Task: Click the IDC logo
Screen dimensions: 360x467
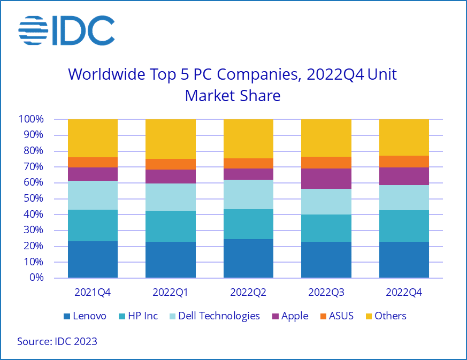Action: [66, 30]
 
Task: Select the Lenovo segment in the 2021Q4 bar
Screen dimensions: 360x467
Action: [93, 259]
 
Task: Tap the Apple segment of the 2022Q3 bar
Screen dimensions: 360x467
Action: [326, 179]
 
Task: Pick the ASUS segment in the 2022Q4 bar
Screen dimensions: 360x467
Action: [404, 162]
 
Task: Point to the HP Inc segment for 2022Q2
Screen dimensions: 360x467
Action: [248, 224]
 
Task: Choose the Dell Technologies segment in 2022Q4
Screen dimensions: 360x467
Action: [404, 198]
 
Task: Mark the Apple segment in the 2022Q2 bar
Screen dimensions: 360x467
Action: [248, 174]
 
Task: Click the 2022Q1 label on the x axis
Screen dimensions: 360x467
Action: [171, 293]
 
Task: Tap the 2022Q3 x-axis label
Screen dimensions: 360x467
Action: [326, 293]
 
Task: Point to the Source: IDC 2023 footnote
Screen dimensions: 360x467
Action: [57, 341]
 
